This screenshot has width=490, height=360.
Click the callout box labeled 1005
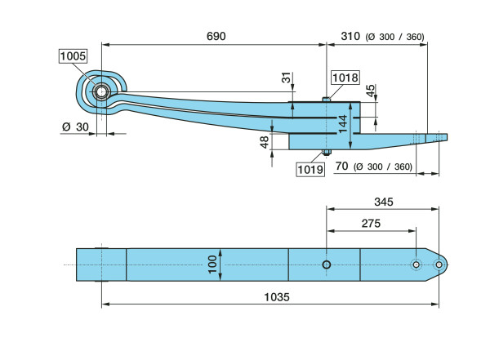73,56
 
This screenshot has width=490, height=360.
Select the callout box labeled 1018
345,78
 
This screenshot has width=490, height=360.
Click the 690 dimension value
216,37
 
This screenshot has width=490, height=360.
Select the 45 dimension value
372,91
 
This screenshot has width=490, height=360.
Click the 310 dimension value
350,37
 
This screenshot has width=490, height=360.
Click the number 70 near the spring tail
342,167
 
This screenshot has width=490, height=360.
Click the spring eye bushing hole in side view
101,91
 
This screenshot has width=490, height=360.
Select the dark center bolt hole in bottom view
326,264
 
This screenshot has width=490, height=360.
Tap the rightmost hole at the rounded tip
439,264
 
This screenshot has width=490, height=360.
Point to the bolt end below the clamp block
326,153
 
